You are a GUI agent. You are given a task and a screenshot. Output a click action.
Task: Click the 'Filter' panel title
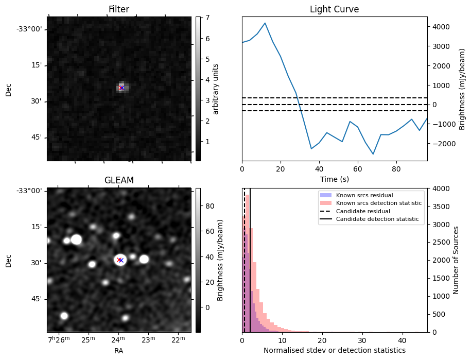118,9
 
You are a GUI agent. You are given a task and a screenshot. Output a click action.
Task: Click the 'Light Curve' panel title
334,9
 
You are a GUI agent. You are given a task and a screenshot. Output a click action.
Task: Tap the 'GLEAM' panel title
118,180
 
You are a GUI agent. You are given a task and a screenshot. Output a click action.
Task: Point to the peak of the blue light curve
265,23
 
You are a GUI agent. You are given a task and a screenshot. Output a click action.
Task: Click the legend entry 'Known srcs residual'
364,196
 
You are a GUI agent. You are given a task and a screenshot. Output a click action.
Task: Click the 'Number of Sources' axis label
457,260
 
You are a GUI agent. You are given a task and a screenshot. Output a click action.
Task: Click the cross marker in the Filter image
121,88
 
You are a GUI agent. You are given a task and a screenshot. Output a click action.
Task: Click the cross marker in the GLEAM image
120,260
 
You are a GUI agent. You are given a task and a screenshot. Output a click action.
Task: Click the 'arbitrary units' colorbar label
216,89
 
